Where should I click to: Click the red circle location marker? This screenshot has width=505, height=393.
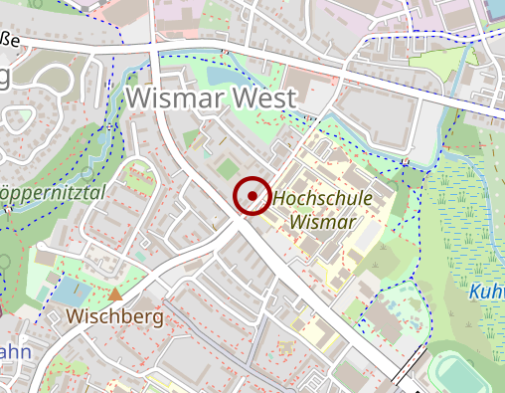point(252,195)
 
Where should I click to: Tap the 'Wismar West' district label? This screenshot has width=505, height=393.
point(212,98)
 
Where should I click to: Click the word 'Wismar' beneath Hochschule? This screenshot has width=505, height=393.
point(323,222)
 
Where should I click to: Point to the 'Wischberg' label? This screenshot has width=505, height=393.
point(114,316)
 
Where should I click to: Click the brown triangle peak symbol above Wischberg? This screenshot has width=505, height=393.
point(116,295)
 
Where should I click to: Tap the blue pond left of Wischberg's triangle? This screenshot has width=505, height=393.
point(67,291)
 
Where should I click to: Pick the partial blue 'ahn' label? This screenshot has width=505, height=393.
point(15,352)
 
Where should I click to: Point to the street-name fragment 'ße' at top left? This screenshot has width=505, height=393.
point(11,38)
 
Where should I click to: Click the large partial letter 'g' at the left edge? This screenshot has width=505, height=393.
point(5,78)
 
